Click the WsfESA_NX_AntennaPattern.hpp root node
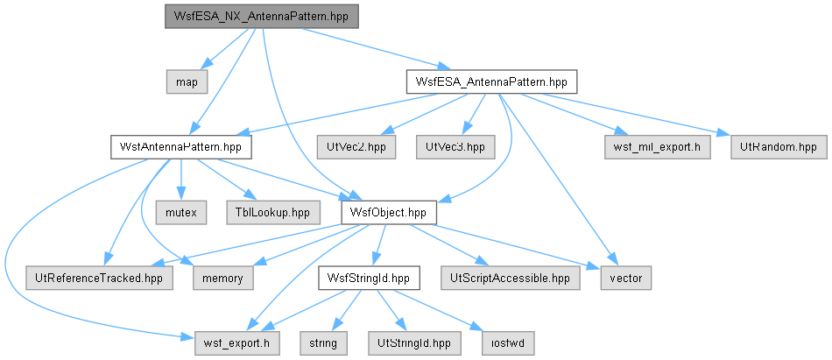pos(262,17)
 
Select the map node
pos(187,82)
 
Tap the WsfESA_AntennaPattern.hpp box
pos(492,82)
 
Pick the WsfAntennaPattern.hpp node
pos(181,147)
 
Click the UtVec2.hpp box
pos(356,147)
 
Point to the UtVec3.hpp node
pos(455,147)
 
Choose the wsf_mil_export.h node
pos(658,147)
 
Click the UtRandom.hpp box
pos(779,147)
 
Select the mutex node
pos(181,212)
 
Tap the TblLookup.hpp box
pos(273,212)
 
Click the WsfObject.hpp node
pos(388,212)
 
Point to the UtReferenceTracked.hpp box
pos(99,278)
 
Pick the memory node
pos(222,278)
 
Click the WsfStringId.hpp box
pos(369,278)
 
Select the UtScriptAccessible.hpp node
pos(511,278)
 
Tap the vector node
pos(625,278)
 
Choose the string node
pos(324,343)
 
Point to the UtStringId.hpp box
pos(414,343)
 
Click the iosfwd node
pos(507,343)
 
